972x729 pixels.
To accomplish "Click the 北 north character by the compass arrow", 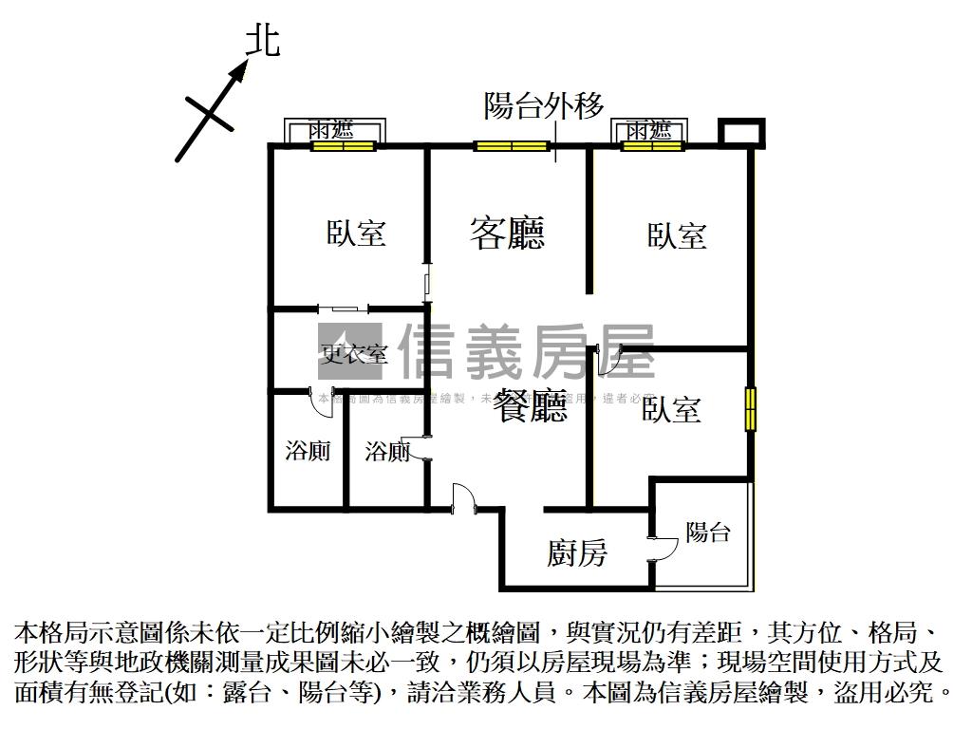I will (x=263, y=41).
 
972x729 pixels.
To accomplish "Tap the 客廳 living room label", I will (x=508, y=233).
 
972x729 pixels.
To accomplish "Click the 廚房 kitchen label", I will (x=577, y=552).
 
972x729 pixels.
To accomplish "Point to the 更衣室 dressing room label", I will (x=354, y=355).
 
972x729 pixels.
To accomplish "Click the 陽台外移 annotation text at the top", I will (x=544, y=105).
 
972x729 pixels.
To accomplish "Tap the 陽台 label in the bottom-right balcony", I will (x=707, y=533).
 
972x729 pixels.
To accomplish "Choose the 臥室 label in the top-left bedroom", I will (x=357, y=234).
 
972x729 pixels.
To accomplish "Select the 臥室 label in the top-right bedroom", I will (x=678, y=235).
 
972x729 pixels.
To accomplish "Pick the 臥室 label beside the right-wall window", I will (x=672, y=410).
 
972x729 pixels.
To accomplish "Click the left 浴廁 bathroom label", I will (x=308, y=451).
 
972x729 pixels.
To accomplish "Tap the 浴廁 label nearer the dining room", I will (x=387, y=452).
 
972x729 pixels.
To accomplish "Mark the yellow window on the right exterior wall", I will (x=751, y=409).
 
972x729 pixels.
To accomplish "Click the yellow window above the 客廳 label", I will (x=513, y=146).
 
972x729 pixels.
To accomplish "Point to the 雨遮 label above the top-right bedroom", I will (x=649, y=130).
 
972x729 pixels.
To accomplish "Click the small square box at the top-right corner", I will (x=741, y=132).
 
